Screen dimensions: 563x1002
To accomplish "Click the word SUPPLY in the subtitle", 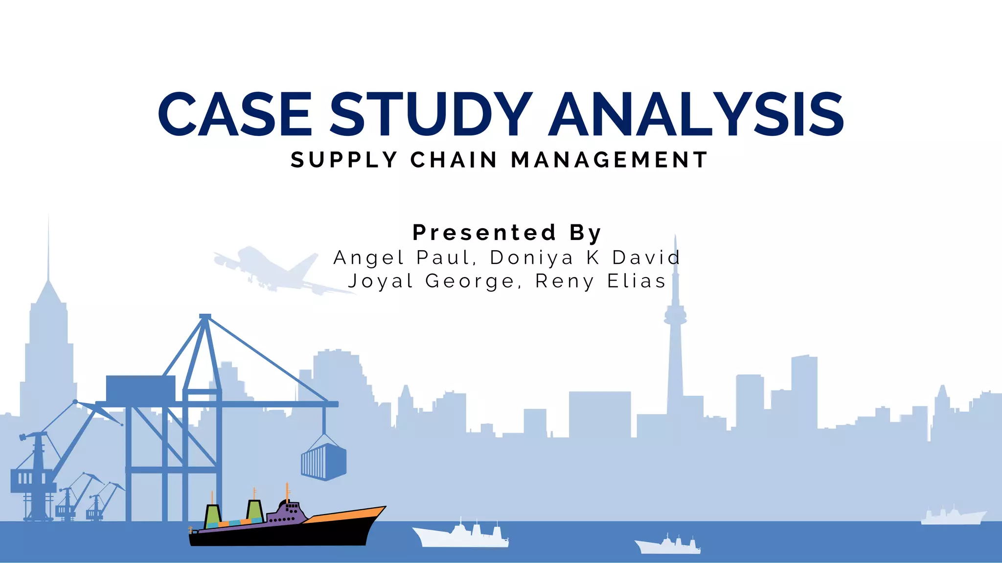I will click(x=344, y=160).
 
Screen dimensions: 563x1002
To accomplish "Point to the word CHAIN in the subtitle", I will click(x=454, y=160).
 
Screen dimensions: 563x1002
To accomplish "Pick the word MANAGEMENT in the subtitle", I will click(x=609, y=160).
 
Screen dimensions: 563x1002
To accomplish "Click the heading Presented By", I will click(x=507, y=233).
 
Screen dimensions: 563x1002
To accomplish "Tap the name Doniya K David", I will click(x=585, y=258).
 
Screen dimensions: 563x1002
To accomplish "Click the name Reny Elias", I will click(x=601, y=281).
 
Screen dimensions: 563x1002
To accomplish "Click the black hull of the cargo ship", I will click(x=284, y=535).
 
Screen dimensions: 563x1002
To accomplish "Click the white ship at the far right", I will click(x=953, y=517).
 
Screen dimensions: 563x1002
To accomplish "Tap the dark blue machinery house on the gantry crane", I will click(x=140, y=389).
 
